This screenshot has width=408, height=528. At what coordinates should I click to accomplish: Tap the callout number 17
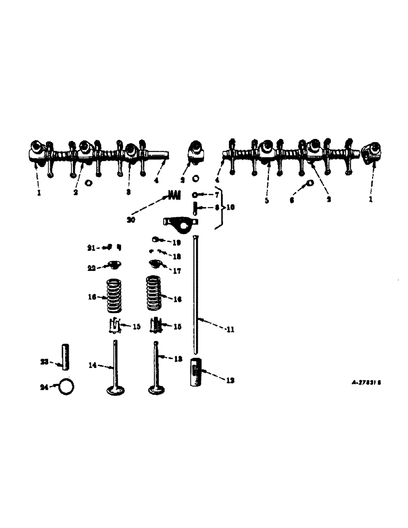(x=177, y=271)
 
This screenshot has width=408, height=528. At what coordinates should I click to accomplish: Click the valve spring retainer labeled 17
(x=155, y=263)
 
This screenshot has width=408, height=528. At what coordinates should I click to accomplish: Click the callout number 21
(x=91, y=247)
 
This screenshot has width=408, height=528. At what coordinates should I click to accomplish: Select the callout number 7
(x=216, y=195)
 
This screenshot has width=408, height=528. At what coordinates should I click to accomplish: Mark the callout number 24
(x=44, y=387)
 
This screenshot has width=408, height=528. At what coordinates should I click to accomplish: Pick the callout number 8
(x=216, y=208)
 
